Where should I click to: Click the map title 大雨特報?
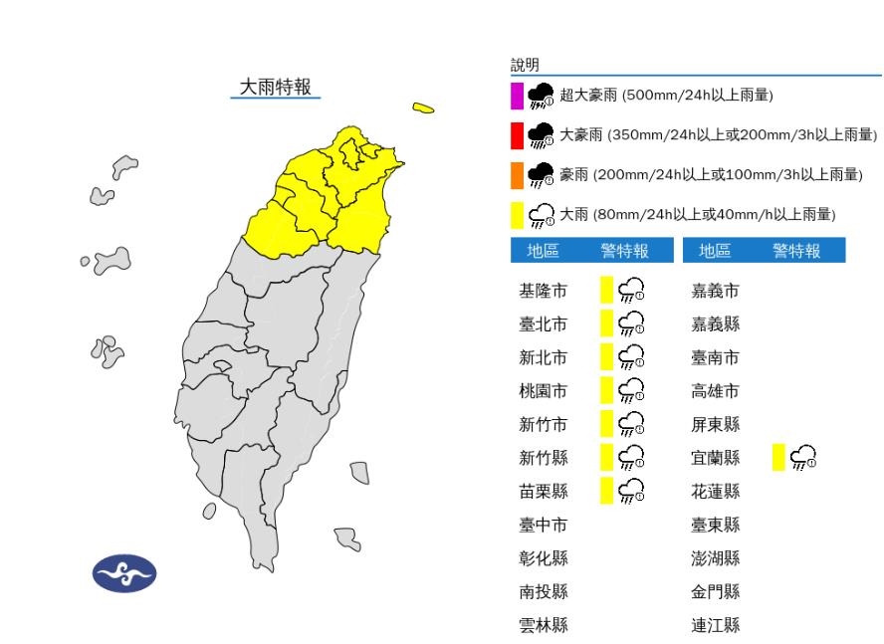coord(276,87)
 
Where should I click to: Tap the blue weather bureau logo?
coord(124,574)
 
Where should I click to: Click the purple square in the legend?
coord(517,96)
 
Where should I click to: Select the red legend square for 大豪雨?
coord(517,134)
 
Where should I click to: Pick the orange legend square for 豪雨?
coord(517,175)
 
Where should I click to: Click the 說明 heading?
coord(525,65)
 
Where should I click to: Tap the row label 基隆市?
coord(544,291)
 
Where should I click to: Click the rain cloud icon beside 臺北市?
coord(631,323)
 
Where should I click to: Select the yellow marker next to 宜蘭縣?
coord(778,458)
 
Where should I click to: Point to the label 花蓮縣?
coord(716,492)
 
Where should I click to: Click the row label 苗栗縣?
coord(544,492)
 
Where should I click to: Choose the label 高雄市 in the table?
coord(716,391)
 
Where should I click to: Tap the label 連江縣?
coord(716,626)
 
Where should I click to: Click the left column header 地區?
coord(543,251)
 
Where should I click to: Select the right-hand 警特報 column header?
coord(796,251)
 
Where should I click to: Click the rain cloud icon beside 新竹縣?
coord(631,458)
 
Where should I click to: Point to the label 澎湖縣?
coord(716,558)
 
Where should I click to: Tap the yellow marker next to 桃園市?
coord(606,390)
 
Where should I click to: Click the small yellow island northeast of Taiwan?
coord(423,107)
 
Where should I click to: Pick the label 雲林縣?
coord(544,626)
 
